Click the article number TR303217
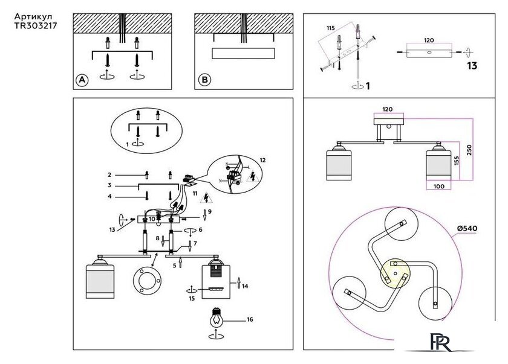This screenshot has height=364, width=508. pos(36,25)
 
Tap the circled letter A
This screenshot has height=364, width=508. pos(82,80)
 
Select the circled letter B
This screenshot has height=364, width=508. pos(204,80)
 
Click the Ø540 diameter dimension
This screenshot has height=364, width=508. pos(467,228)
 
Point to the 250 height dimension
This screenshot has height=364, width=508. pos(469,150)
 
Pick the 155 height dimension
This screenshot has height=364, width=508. pos(456,161)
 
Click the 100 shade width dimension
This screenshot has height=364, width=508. pos(438,186)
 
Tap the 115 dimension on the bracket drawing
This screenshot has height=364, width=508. pos(330,28)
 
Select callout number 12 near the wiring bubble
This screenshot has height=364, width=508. pos(262,160)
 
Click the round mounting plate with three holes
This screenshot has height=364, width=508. pos(147,281)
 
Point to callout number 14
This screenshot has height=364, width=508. pos(245,286)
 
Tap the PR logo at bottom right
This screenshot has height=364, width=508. pos(441,342)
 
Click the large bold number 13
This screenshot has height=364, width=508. pos(472,66)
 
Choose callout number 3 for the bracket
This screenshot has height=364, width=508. pos(109,185)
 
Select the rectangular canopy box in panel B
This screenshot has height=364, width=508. pos(243,53)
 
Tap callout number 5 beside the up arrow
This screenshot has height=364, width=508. pos(175,266)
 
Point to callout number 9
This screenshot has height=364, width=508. pos(210,211)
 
